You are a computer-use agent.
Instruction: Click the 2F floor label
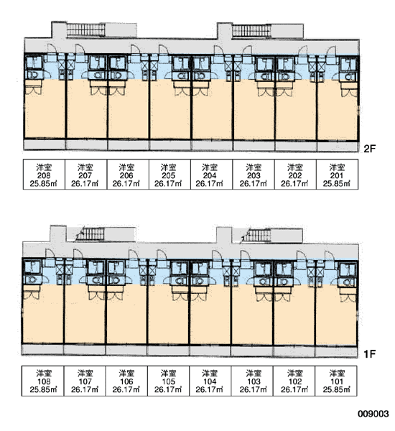[x=369, y=149]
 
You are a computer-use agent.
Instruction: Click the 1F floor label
[x=369, y=354]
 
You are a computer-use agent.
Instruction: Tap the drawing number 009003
[x=373, y=414]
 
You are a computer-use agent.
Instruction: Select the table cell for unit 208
[x=44, y=175]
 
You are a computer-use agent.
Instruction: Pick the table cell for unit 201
[x=337, y=175]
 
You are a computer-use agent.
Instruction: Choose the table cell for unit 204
[x=211, y=175]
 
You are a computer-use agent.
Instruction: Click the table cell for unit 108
[x=43, y=381]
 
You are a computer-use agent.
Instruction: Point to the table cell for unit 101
[x=336, y=381]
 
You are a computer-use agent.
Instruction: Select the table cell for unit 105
[x=169, y=381]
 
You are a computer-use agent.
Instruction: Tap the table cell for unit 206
[x=128, y=175]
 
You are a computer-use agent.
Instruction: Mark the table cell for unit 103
[x=252, y=381]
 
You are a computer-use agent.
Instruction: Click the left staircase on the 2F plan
[x=85, y=29]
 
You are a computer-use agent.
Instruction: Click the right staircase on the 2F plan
[x=251, y=31]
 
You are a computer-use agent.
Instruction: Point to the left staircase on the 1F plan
[x=90, y=234]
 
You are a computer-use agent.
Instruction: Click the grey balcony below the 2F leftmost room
[x=45, y=144]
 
